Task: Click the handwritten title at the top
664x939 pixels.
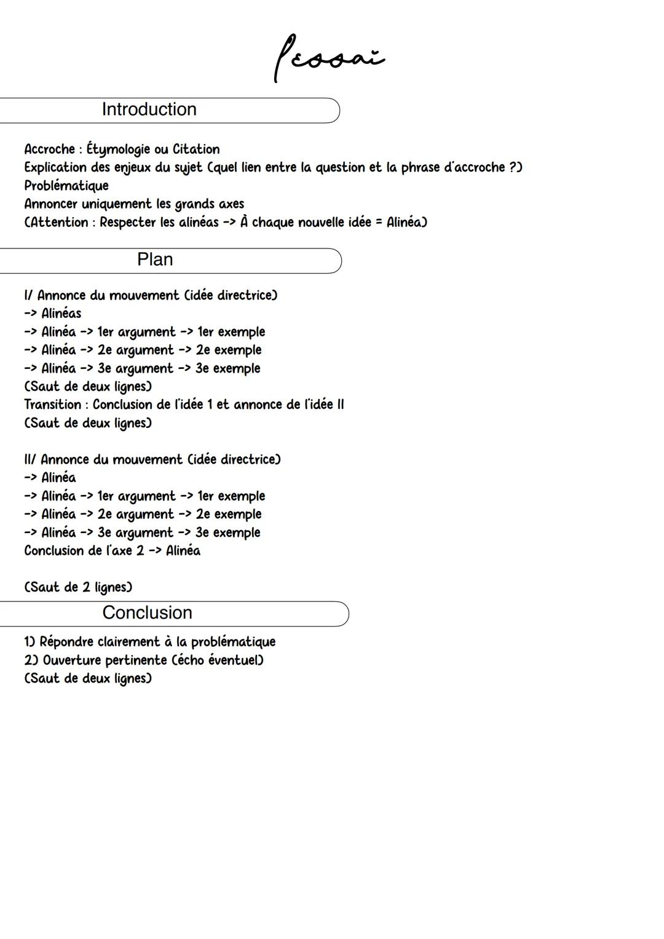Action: [x=328, y=59]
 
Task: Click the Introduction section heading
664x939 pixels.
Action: [x=149, y=109]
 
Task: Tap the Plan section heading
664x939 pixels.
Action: [x=155, y=260]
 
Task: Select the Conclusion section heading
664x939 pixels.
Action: [x=147, y=612]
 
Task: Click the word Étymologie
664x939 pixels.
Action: [x=118, y=149]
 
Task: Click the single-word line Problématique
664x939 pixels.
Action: [x=66, y=186]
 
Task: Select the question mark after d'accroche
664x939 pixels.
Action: [x=513, y=167]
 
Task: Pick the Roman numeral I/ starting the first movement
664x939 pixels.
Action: [x=29, y=295]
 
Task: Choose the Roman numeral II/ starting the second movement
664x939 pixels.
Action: [x=31, y=459]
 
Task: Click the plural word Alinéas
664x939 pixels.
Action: [x=61, y=314]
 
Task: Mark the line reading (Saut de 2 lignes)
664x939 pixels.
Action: [x=78, y=587]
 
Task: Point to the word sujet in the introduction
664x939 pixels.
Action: [x=188, y=168]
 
